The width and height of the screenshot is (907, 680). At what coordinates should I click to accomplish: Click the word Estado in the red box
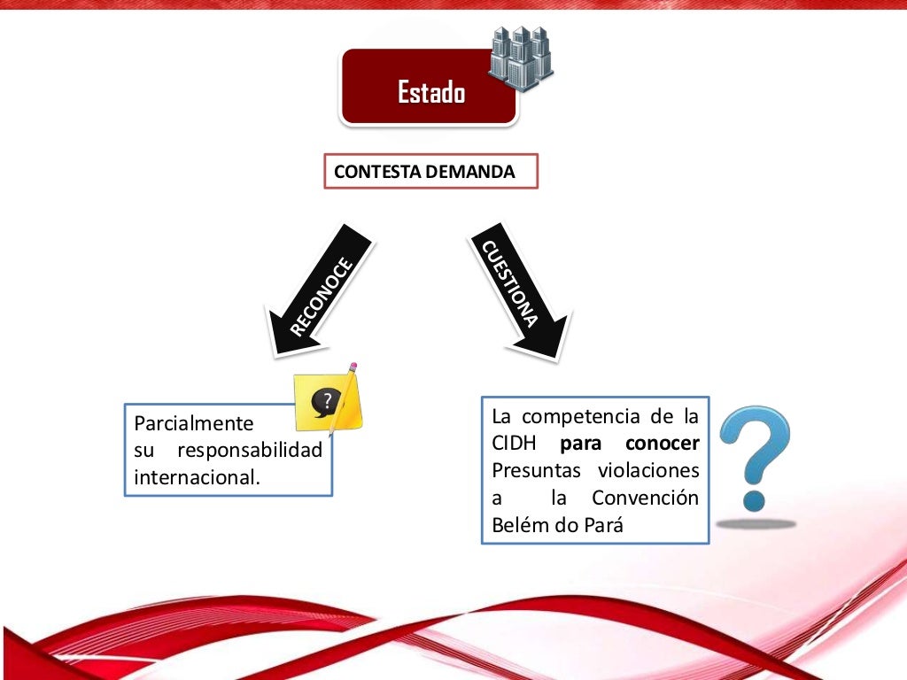pyautogui.click(x=430, y=92)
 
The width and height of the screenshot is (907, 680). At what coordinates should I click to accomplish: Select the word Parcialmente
pyautogui.click(x=193, y=423)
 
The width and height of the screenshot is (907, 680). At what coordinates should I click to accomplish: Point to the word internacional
pyautogui.click(x=197, y=477)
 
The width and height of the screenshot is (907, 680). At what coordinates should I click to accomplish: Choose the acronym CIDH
pyautogui.click(x=516, y=443)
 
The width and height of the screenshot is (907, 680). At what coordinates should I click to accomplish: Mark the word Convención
pyautogui.click(x=645, y=498)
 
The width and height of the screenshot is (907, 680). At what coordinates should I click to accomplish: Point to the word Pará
pyautogui.click(x=603, y=525)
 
